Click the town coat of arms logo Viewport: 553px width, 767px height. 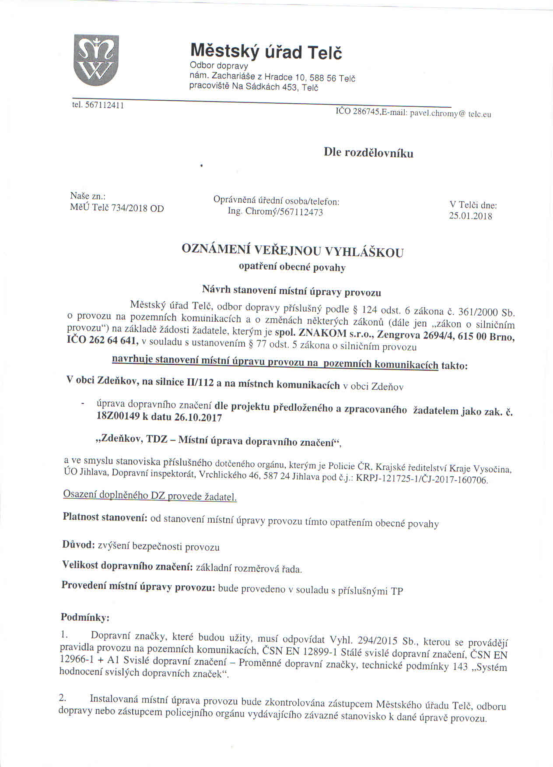[96, 60]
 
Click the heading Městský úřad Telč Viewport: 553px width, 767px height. [266, 52]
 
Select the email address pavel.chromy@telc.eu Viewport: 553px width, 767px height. [450, 113]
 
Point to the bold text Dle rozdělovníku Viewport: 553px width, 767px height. [368, 153]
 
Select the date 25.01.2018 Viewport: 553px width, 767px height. [470, 216]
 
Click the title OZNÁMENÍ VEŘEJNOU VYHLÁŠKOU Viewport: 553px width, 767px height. [292, 251]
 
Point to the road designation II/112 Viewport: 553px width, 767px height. [200, 383]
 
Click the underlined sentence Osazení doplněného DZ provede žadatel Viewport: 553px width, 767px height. [150, 496]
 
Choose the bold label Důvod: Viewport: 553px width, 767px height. [78, 545]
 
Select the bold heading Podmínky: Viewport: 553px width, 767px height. [85, 617]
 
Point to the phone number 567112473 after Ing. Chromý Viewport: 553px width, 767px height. [300, 212]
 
